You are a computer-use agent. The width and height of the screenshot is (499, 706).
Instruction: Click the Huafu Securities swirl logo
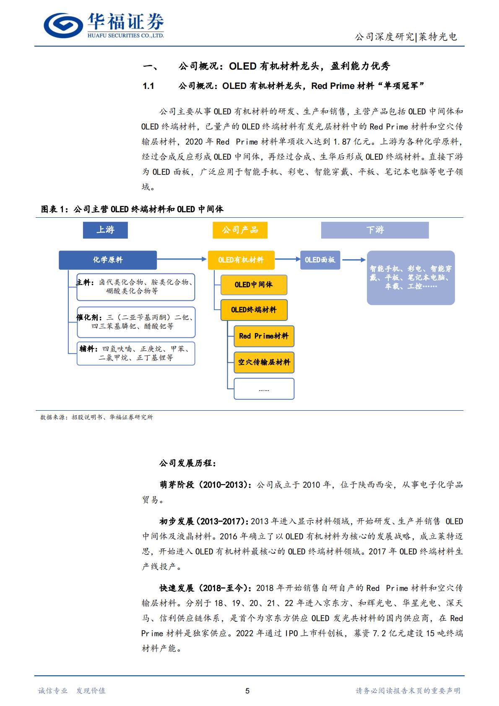(x=63, y=25)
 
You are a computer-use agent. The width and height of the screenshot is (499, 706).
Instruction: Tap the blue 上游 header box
(x=105, y=230)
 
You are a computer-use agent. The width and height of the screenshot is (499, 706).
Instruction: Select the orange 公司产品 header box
(x=240, y=230)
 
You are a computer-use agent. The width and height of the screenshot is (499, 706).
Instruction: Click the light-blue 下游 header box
(x=375, y=230)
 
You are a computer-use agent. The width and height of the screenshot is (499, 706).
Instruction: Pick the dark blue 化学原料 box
(x=108, y=260)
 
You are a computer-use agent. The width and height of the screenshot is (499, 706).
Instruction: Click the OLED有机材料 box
(x=241, y=260)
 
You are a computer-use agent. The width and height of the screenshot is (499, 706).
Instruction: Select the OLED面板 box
(x=320, y=260)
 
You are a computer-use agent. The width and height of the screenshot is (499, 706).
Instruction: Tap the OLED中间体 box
(x=254, y=285)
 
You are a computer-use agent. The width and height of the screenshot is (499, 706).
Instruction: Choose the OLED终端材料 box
(x=254, y=310)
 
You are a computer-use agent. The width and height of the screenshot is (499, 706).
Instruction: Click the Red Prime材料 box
(x=264, y=336)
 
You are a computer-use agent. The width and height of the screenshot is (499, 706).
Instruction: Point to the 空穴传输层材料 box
(x=264, y=362)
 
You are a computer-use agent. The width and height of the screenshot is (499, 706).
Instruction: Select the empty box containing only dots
(x=264, y=389)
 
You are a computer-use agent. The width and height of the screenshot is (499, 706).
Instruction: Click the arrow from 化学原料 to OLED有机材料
(x=182, y=260)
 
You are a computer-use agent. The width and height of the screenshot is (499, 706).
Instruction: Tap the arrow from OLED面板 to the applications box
(x=354, y=260)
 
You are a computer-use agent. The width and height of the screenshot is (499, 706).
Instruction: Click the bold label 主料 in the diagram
(x=84, y=282)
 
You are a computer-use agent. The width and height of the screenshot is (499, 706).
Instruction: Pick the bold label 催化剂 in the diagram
(x=89, y=318)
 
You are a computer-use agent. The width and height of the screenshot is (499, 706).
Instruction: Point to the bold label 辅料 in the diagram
(x=88, y=349)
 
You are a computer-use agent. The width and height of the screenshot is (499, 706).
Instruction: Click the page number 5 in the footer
(x=247, y=691)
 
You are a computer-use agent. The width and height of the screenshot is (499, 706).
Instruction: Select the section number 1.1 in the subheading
(x=148, y=86)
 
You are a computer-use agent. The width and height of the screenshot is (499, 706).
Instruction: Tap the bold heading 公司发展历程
(x=187, y=464)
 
